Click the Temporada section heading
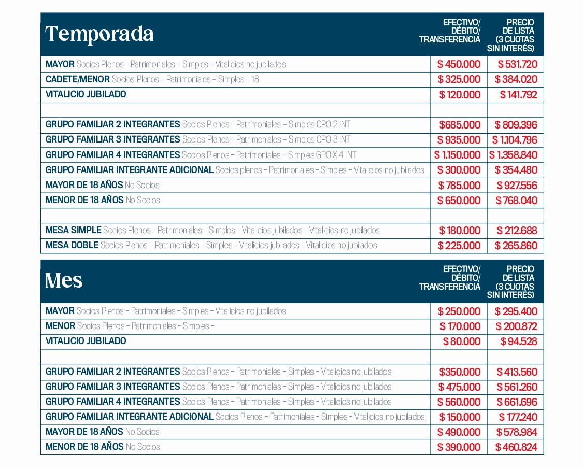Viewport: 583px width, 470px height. pyautogui.click(x=99, y=34)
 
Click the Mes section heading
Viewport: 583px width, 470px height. pyautogui.click(x=64, y=280)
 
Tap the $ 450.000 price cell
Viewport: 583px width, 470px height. pyautogui.click(x=459, y=65)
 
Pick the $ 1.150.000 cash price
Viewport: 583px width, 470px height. pyautogui.click(x=458, y=155)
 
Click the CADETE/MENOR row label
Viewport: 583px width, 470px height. pyautogui.click(x=78, y=79)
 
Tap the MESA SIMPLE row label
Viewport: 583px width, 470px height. pyautogui.click(x=73, y=230)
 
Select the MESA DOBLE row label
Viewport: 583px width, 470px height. pyautogui.click(x=72, y=245)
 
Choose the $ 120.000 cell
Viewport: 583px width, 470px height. pyautogui.click(x=460, y=95)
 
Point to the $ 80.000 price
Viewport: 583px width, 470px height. pyautogui.click(x=461, y=341)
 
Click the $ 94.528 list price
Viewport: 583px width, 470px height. pyautogui.click(x=518, y=341)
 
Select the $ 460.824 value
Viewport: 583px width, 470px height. pyautogui.click(x=516, y=447)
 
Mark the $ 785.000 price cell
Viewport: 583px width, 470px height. pyautogui.click(x=459, y=185)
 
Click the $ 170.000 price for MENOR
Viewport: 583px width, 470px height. pyautogui.click(x=460, y=326)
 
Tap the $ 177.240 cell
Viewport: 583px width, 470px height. pyautogui.click(x=518, y=417)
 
